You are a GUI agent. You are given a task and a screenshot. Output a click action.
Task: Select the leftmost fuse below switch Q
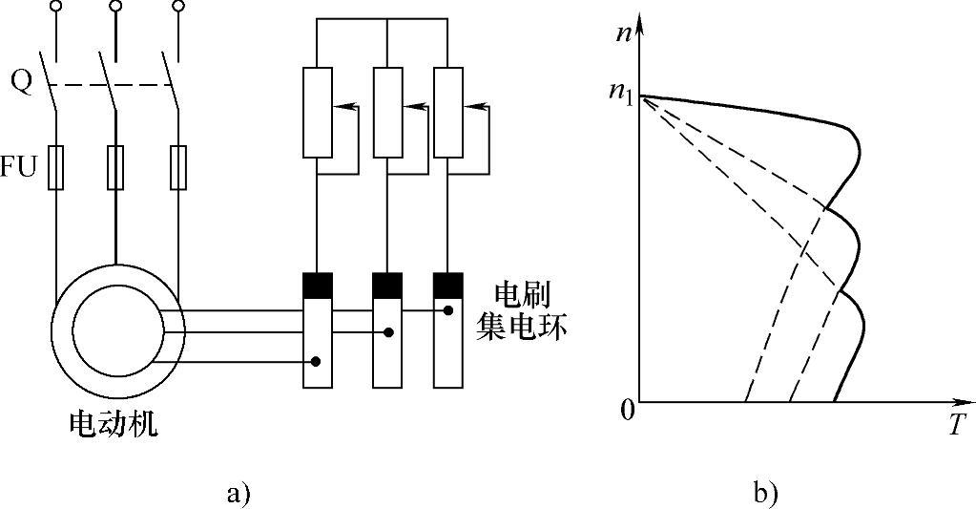55,167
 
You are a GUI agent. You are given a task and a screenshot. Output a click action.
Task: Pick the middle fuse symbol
115,167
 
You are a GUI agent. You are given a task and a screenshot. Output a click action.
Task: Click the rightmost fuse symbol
177,167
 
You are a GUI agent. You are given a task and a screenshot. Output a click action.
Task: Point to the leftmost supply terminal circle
55,7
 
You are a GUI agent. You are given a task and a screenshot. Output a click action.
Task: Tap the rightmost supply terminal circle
177,7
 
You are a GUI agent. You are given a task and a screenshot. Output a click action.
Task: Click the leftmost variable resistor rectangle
317,112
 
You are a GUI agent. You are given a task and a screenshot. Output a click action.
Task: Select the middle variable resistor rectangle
387,112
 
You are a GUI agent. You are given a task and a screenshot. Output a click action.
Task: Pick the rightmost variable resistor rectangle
448,112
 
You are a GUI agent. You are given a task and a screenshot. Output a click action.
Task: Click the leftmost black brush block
317,285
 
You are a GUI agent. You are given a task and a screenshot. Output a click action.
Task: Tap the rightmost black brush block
448,285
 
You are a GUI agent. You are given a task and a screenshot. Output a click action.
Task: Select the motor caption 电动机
114,423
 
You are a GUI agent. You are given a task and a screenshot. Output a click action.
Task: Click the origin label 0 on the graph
627,412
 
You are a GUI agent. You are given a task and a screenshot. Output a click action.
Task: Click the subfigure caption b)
765,494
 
